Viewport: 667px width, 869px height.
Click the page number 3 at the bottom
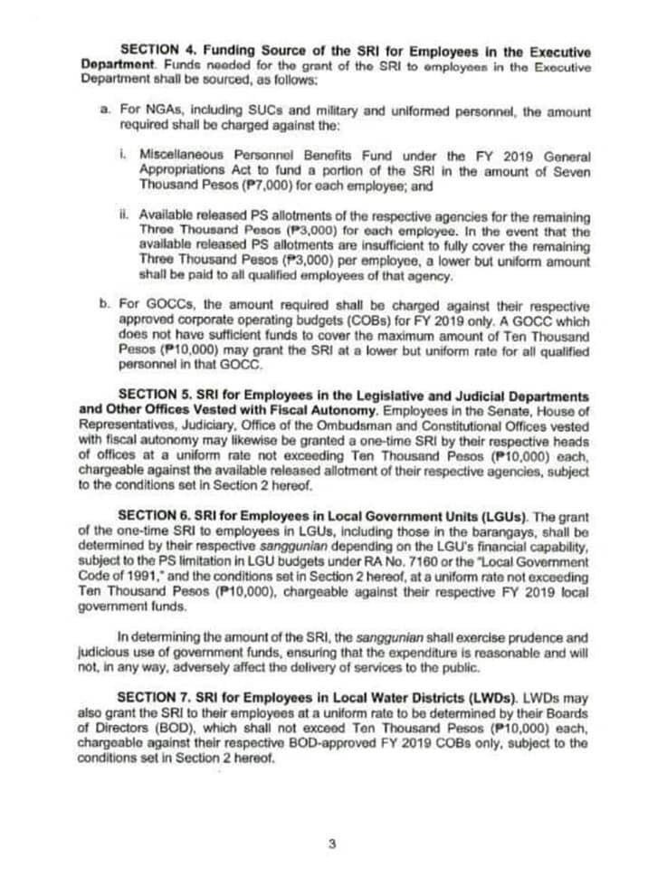[332, 845]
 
